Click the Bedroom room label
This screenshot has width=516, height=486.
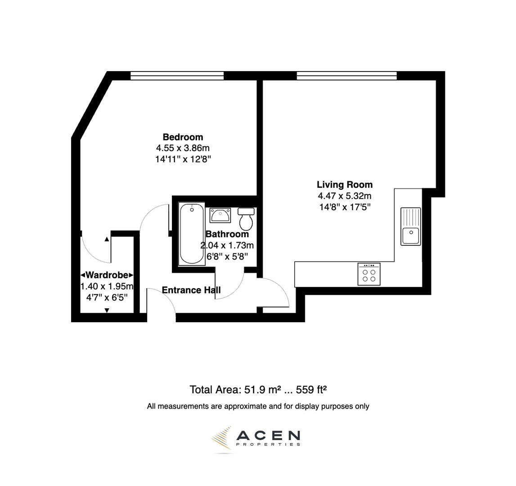point(183,137)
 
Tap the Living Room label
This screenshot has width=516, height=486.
point(345,184)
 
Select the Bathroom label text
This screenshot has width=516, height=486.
point(227,234)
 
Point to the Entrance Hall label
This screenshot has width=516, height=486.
point(191,290)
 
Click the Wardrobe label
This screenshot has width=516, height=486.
point(107,275)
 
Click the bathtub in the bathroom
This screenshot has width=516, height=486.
point(192,234)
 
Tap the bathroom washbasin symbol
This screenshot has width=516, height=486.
point(220,215)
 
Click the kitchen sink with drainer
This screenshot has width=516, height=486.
point(411,226)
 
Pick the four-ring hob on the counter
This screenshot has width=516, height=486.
point(369,274)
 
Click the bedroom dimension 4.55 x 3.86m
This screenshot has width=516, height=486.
point(183,148)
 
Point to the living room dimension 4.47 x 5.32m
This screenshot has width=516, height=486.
point(345,196)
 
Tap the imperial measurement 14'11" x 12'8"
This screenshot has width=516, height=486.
point(183,159)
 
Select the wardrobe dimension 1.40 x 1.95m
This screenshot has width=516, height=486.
point(107,287)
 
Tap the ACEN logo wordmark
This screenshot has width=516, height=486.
point(268,436)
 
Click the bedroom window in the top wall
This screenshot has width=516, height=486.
point(177,76)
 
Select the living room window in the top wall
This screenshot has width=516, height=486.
point(346,76)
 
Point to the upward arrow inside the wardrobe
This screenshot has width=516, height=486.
point(107,239)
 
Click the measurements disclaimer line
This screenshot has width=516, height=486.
point(258,406)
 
